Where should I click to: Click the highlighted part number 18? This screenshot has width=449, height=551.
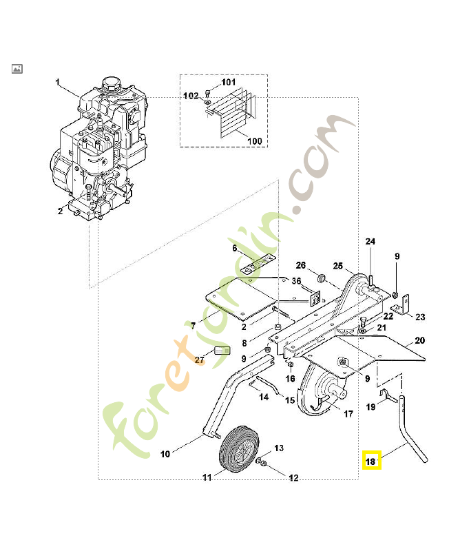[x=371, y=461]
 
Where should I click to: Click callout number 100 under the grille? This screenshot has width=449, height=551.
[x=254, y=141]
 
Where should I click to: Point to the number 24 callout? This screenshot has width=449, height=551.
[x=370, y=242]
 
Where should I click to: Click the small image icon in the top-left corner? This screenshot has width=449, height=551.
[x=17, y=69]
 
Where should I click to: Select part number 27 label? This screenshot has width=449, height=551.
[x=200, y=360]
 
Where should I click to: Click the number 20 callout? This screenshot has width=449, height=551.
[x=419, y=340]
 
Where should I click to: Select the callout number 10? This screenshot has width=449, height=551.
[x=165, y=454]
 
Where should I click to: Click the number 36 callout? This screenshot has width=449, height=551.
[x=296, y=281]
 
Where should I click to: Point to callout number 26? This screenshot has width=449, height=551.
[x=300, y=265]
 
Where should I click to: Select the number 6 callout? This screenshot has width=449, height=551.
[x=234, y=248]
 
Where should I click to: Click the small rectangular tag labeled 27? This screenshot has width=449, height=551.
[x=221, y=351]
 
